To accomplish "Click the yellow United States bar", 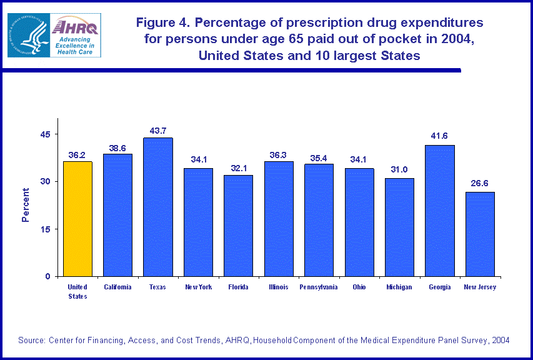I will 77,219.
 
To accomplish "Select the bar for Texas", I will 157,207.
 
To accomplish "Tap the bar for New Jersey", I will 480,234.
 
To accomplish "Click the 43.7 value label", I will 157,131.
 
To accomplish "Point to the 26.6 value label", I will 480,184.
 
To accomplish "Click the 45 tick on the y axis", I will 46,134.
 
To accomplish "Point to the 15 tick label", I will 46,229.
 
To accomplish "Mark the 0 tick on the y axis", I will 48,276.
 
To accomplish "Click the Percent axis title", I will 26,205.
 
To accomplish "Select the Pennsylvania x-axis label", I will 319,287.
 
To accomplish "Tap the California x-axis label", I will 117,287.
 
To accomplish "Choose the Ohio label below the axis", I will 359,287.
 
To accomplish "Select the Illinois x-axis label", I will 279,287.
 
